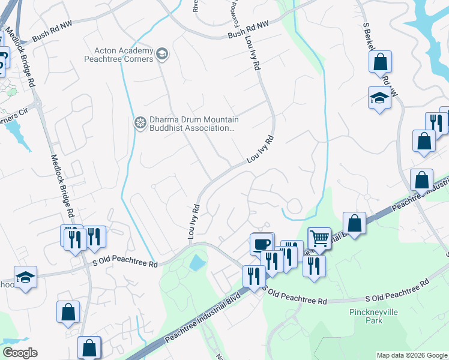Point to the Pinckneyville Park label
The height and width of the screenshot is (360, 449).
(x=366, y=316)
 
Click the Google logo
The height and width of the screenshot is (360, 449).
(x=20, y=353)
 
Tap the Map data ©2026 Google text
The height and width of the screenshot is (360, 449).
(x=411, y=355)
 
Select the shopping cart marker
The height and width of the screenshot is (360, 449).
(x=319, y=238)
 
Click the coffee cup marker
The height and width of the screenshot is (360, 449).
(x=262, y=244)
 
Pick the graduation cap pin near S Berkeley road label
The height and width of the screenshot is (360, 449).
(x=379, y=97)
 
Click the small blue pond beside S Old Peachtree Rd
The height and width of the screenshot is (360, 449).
(x=196, y=263)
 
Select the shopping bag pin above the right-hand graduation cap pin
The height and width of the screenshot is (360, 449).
(x=380, y=61)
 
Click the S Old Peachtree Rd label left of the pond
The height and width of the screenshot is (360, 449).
(x=125, y=263)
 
